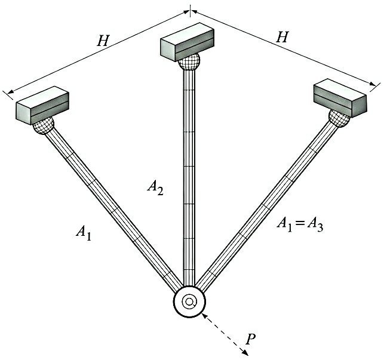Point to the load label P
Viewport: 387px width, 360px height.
tap(251, 340)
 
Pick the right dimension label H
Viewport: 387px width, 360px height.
tap(282, 37)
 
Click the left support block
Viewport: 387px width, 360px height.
tap(42, 104)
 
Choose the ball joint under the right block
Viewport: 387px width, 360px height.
tap(337, 117)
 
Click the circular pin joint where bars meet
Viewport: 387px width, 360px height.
tap(189, 302)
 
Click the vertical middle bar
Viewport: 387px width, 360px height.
tap(189, 179)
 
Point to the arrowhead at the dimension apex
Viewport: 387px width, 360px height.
tap(190, 10)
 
